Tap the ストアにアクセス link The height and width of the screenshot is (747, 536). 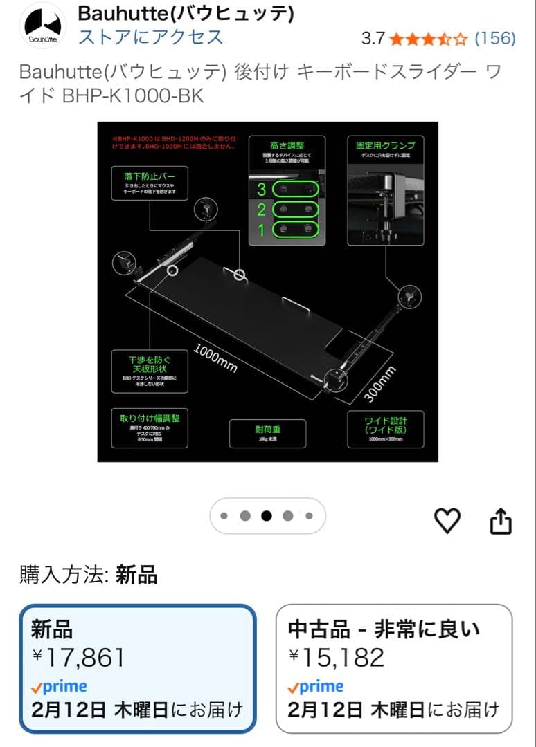[150, 37]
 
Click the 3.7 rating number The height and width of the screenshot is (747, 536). [373, 38]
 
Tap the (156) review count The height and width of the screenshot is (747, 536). [494, 38]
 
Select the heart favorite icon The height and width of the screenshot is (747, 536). [447, 521]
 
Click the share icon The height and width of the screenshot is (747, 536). [501, 522]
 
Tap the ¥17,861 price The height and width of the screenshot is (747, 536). [78, 657]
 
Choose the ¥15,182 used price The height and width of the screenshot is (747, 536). [336, 657]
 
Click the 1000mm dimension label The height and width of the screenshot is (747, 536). [215, 358]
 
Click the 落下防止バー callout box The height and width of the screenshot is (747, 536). [150, 183]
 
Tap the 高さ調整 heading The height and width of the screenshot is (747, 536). [287, 146]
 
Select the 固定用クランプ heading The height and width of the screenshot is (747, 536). [385, 146]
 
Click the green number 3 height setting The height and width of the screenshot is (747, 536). [262, 189]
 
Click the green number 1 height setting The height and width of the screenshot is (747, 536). [262, 230]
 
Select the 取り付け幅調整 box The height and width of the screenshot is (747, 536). [150, 428]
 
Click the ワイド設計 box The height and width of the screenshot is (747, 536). [385, 428]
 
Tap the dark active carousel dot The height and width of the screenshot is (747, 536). [267, 516]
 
